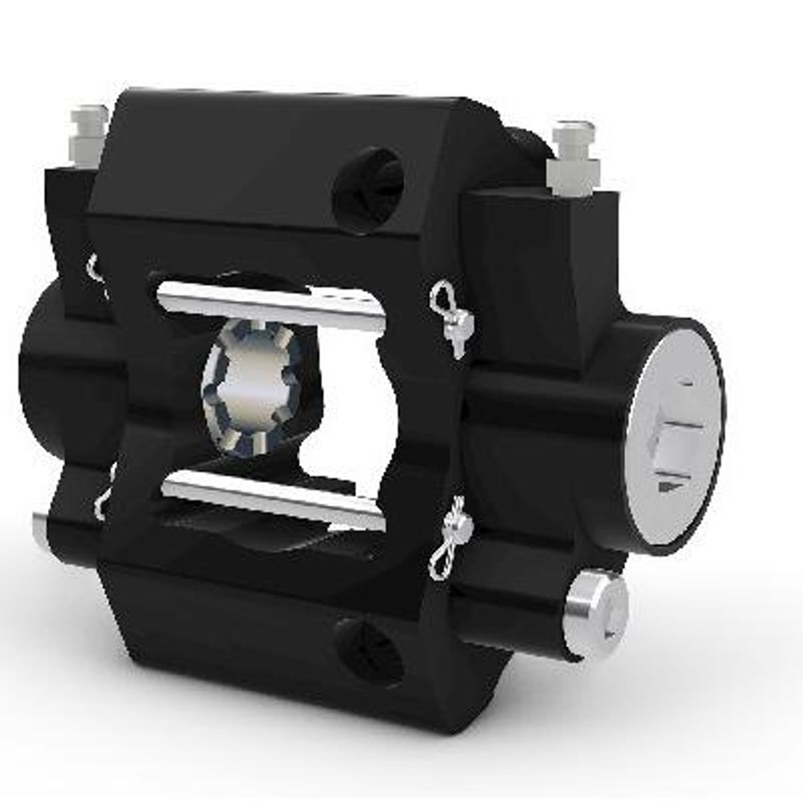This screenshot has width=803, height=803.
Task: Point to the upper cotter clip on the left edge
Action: click(x=96, y=268)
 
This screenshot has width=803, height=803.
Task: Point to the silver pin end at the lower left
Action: click(x=41, y=532)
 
